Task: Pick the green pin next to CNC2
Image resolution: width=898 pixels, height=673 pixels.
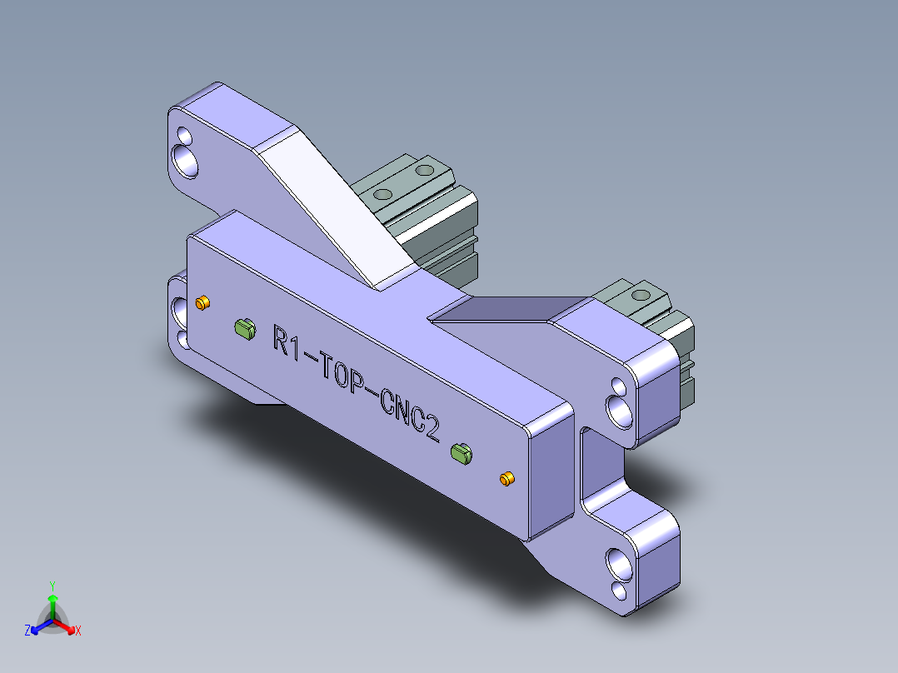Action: [461, 452]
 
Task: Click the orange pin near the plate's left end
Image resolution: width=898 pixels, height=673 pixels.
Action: [202, 302]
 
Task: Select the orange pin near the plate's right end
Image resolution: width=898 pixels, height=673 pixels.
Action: [506, 478]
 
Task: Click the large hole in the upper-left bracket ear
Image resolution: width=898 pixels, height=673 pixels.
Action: [187, 159]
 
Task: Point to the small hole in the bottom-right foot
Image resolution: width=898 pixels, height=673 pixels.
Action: [620, 591]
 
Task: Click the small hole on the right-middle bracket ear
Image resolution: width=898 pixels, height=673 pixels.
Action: [617, 386]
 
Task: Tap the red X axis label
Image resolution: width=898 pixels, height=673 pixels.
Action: [78, 631]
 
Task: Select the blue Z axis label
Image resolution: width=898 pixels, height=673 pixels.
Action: [27, 631]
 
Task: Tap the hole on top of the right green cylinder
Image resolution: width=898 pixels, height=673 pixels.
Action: [641, 295]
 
